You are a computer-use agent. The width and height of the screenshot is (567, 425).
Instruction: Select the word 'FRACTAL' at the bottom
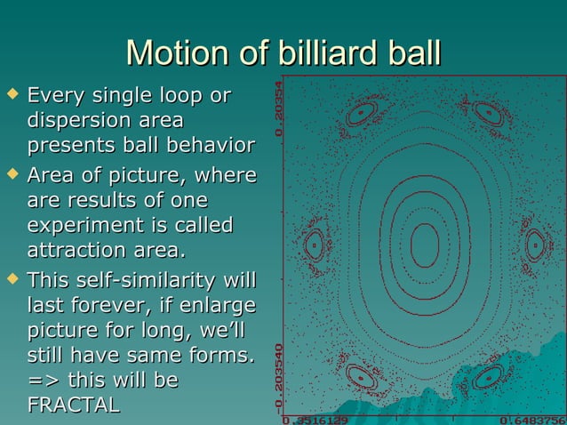tap(74, 405)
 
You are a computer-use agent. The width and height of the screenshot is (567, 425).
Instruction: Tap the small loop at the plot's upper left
tap(362, 114)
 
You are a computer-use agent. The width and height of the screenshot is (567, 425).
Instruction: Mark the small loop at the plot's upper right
tap(488, 113)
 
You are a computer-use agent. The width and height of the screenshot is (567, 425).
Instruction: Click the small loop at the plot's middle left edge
tap(313, 244)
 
